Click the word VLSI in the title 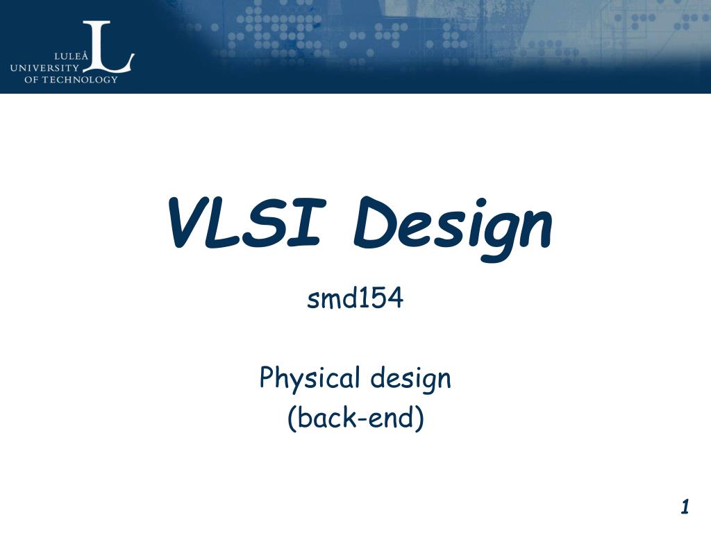pyautogui.click(x=243, y=224)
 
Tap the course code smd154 pyautogui.click(x=355, y=299)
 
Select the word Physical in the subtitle pyautogui.click(x=310, y=380)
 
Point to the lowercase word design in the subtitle pyautogui.click(x=410, y=380)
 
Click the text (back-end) pyautogui.click(x=355, y=418)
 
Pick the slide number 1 pyautogui.click(x=685, y=507)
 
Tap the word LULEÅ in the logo pyautogui.click(x=72, y=56)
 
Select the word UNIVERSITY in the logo pyautogui.click(x=44, y=67)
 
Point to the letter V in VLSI pyautogui.click(x=186, y=223)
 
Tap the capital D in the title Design pyautogui.click(x=375, y=223)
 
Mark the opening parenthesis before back pyautogui.click(x=292, y=419)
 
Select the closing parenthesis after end pyautogui.click(x=419, y=419)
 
